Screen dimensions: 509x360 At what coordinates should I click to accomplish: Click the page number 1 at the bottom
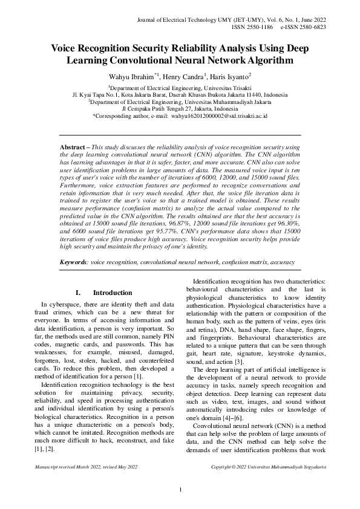(180, 489)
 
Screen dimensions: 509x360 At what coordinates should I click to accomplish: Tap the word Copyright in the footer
(223, 467)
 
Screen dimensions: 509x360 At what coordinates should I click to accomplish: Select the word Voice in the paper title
(65, 48)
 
